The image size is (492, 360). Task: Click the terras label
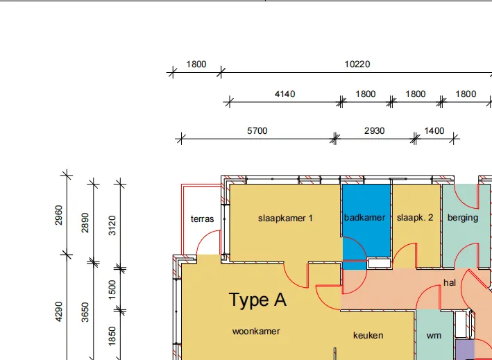tap(203, 219)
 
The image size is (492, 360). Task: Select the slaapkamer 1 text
tap(285, 218)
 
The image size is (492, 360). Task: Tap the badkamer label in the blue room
tap(364, 218)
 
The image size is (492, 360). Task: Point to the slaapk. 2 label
tap(415, 218)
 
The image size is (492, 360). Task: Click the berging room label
tap(463, 218)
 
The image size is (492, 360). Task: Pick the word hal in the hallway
tap(450, 282)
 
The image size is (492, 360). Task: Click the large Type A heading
tap(257, 300)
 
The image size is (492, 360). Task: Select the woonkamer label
tap(256, 331)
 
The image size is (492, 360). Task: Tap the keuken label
tap(368, 336)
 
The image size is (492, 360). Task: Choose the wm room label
tap(434, 336)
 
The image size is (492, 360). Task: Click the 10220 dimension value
tap(357, 65)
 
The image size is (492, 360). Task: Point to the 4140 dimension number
tap(285, 94)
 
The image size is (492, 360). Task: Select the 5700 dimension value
tap(257, 131)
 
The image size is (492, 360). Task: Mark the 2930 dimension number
tap(374, 131)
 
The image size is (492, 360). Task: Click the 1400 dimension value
tap(434, 131)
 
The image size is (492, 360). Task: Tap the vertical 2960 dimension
tap(59, 215)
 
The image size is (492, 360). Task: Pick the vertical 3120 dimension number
tap(112, 225)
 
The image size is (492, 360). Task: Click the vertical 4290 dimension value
tap(59, 311)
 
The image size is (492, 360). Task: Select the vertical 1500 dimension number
tap(112, 290)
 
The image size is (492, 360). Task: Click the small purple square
tap(465, 350)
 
